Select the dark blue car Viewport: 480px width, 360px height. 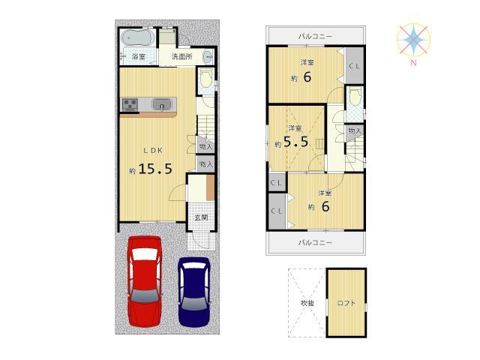[193, 290]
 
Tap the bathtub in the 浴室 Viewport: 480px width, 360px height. [136, 37]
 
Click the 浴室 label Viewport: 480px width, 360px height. [138, 56]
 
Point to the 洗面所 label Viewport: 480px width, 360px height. [181, 56]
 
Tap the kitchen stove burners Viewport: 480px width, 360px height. [129, 105]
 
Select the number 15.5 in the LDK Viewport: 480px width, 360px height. [155, 169]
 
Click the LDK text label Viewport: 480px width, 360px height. [152, 149]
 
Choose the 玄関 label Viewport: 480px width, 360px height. [202, 218]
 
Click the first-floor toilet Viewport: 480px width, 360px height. [205, 79]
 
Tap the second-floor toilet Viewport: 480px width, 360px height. [355, 97]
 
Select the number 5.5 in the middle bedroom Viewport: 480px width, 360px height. [295, 142]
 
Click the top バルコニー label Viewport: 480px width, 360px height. [315, 36]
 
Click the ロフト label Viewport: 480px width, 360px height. [346, 303]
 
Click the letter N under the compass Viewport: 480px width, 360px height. [412, 63]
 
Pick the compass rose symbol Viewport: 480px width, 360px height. [412, 39]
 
